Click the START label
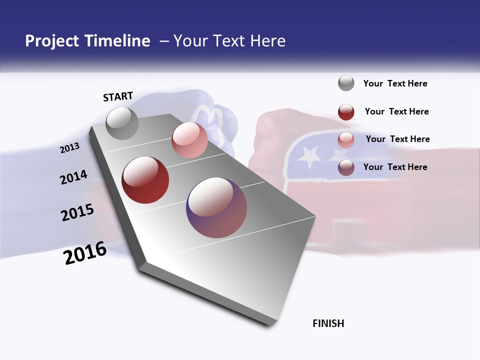coord(118,96)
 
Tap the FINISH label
coord(328,323)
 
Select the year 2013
coord(70,148)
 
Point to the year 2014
coord(74,177)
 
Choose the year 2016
coord(85,252)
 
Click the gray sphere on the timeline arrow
coord(122,123)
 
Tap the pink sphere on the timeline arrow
coord(189,140)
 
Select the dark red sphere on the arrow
coord(145,180)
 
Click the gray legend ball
coord(346,83)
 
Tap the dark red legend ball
coord(346,111)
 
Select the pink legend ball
coord(346,139)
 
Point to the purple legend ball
coord(346,167)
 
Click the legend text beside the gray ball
coord(395,83)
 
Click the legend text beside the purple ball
coord(395,167)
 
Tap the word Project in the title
coord(52,41)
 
